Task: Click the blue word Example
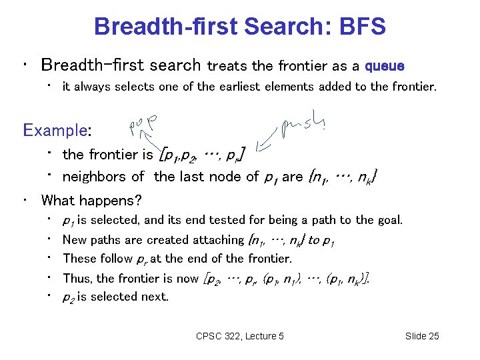55,129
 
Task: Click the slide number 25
432,336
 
